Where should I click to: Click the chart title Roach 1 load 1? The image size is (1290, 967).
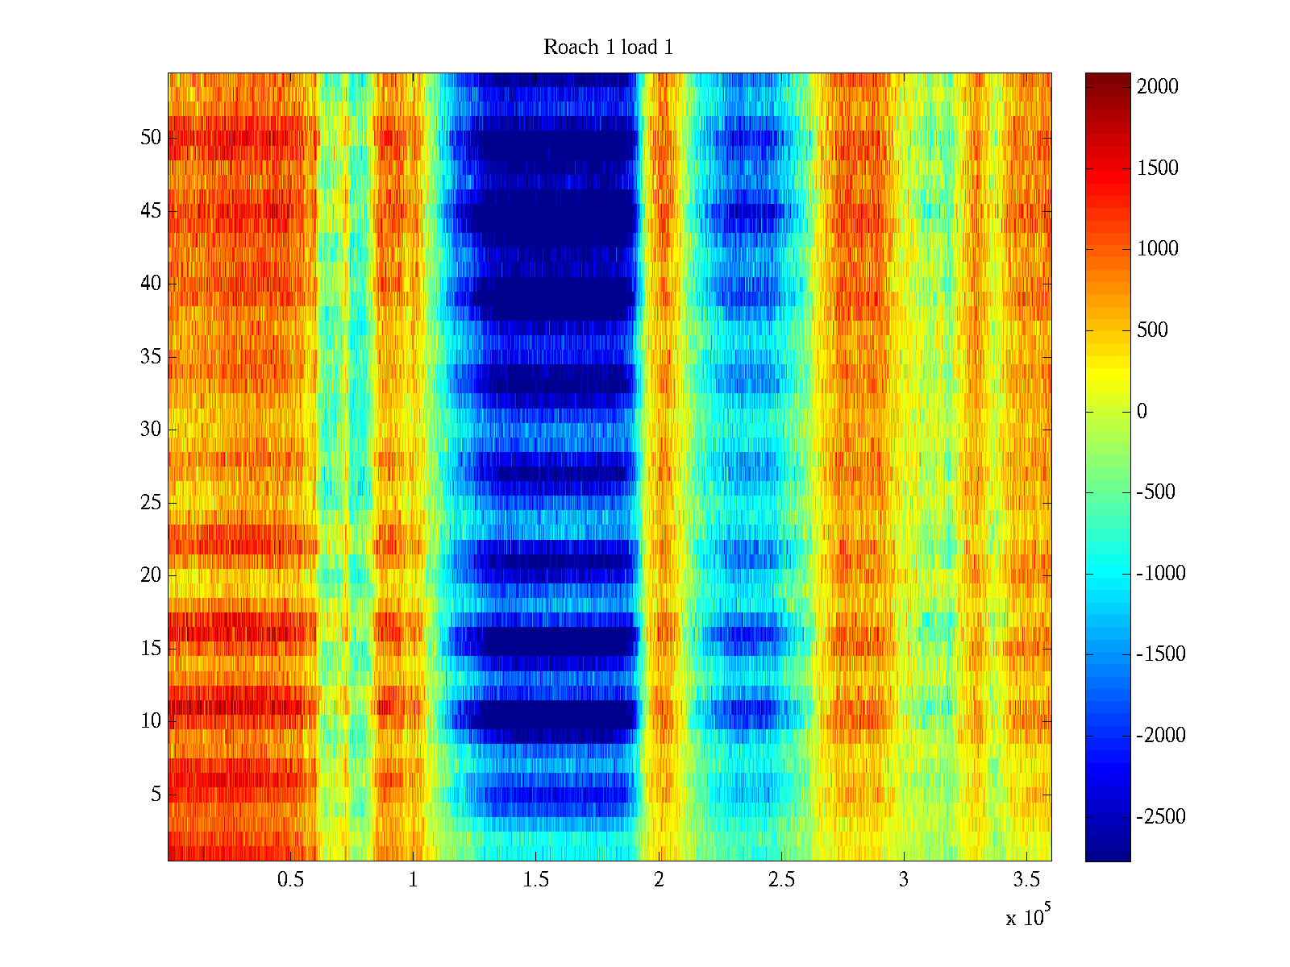pos(608,48)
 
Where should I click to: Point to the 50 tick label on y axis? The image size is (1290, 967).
pos(151,138)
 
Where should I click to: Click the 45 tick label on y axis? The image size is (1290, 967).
pos(151,211)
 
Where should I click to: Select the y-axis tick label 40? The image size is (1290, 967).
pos(151,284)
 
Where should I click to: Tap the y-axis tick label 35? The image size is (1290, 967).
pos(151,357)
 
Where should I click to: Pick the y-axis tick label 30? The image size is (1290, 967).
pos(151,430)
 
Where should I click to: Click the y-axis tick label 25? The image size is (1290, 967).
pos(151,503)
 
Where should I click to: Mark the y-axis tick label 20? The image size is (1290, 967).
pos(151,575)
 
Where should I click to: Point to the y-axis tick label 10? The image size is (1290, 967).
pos(151,721)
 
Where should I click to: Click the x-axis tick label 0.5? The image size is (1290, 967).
pos(291,880)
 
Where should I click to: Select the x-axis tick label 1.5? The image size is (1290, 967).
pos(536,880)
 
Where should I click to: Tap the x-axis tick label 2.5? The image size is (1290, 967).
pos(781,880)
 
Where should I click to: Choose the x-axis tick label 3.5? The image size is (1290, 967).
pos(1026,880)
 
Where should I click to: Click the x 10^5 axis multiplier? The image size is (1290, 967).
pos(1028,917)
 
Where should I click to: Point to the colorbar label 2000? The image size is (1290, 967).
pos(1158,87)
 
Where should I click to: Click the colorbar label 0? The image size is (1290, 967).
pos(1142,412)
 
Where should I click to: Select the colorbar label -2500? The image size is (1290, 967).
pos(1161,817)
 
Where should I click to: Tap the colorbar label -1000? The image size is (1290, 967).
pos(1161,574)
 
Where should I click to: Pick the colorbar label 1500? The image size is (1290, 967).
pos(1158,168)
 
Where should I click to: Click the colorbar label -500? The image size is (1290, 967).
pos(1156,492)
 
